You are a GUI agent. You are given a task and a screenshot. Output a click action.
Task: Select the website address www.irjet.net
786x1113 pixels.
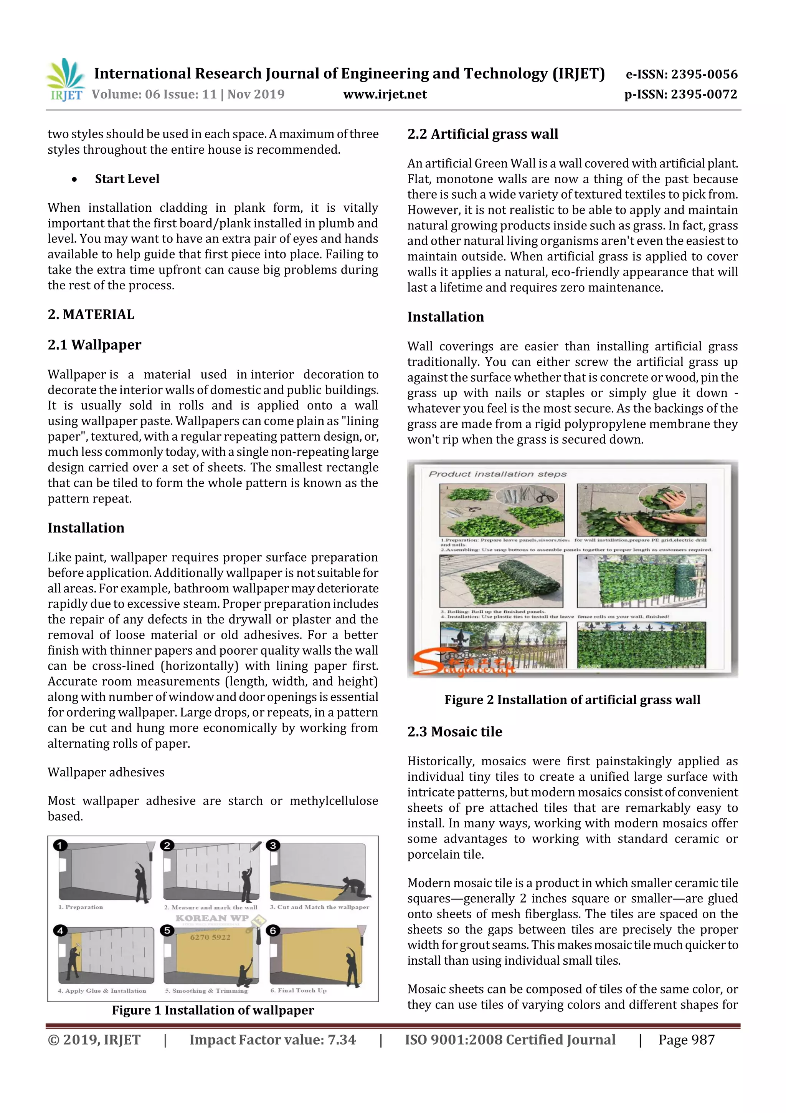point(385,94)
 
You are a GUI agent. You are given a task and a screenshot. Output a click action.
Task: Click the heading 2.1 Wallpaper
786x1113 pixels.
point(94,345)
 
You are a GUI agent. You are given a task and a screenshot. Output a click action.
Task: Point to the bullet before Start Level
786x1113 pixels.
point(74,179)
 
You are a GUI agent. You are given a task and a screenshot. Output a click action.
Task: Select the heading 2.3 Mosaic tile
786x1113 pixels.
point(454,731)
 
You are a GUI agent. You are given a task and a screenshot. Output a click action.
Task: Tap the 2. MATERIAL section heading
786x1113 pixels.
point(91,315)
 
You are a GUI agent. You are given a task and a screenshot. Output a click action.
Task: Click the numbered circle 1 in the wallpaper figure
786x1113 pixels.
point(60,846)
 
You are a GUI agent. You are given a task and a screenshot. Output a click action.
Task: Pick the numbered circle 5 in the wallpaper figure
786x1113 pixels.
point(167,930)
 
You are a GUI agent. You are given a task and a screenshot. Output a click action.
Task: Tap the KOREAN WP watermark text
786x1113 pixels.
point(212,918)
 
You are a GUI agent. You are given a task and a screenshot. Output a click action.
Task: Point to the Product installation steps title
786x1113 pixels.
point(497,474)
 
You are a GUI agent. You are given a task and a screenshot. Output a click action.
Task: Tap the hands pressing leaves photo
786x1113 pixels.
point(641,510)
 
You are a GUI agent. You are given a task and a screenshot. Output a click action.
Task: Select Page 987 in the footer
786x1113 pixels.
point(686,1040)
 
